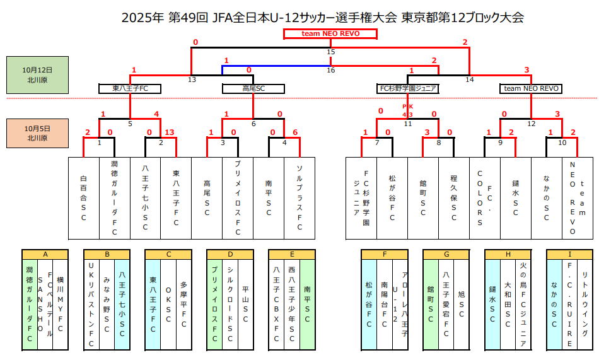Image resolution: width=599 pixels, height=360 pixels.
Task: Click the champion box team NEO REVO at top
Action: pos(330,33)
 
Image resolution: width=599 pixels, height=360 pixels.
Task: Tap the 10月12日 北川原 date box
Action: pos(37,75)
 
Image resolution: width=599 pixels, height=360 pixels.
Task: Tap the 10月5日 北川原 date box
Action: pos(37,133)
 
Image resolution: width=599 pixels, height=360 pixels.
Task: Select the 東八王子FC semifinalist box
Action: pos(130,88)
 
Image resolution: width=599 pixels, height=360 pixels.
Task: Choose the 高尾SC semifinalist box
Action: pos(253,88)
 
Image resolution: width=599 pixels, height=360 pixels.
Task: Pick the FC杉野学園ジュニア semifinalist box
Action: pos(408,88)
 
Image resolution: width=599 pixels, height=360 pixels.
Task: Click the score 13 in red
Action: pos(170,132)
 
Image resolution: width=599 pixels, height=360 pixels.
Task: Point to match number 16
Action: pos(330,70)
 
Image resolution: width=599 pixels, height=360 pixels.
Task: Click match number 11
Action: pos(408,124)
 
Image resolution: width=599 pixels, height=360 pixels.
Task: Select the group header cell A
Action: pos(45,255)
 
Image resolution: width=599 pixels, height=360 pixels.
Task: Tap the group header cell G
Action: pos(446,255)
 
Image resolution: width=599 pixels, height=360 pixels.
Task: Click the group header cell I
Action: pos(570,255)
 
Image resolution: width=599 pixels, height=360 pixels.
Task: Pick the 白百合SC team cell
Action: pos(83,199)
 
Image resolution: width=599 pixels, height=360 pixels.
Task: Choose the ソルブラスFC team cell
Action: pos(299,199)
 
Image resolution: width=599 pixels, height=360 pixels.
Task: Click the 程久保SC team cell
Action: pos(454,199)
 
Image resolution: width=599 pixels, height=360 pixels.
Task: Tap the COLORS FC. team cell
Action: pos(485,199)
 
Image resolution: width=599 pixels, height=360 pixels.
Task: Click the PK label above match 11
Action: pos(407,107)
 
